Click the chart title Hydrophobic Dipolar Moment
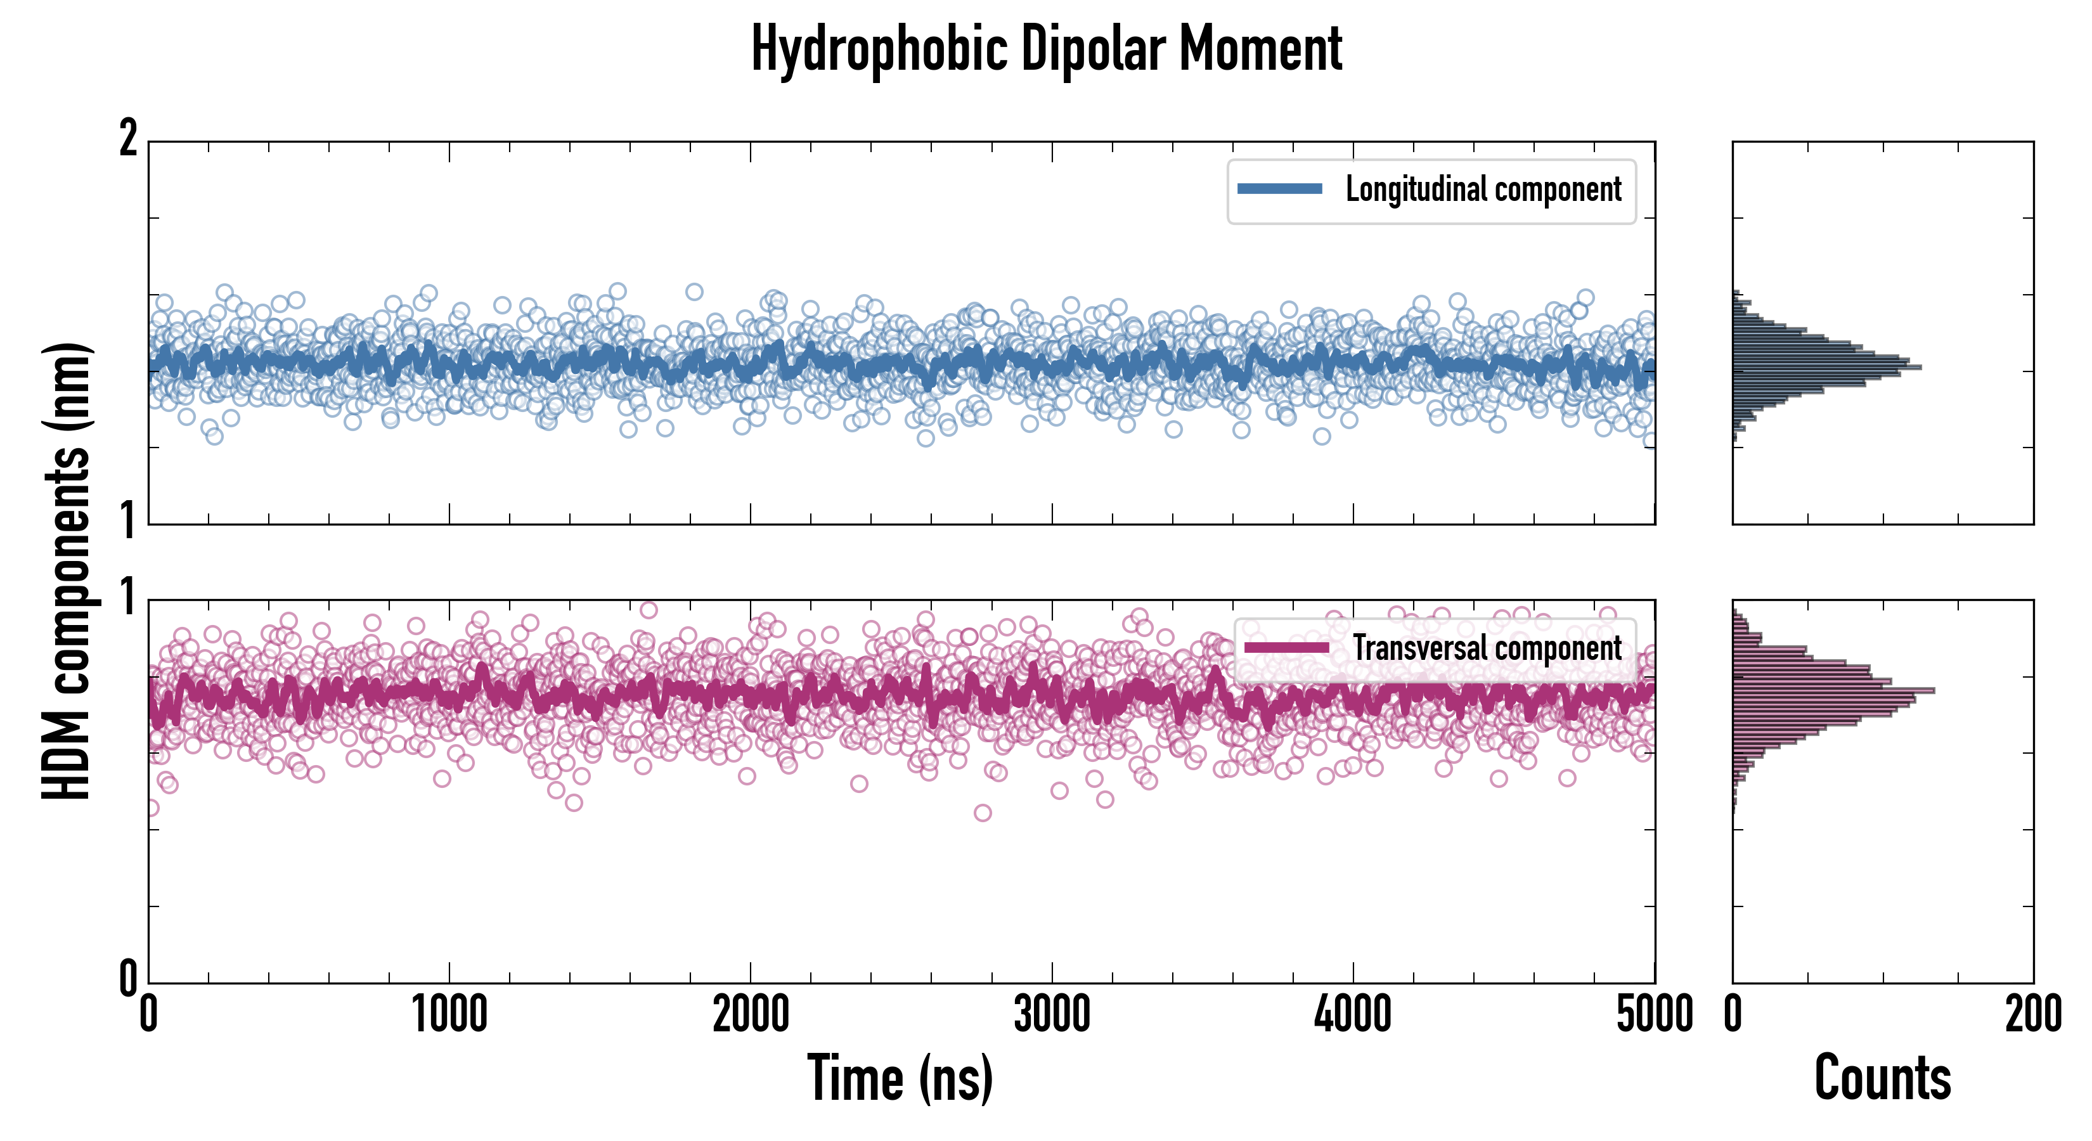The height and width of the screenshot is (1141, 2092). click(1046, 49)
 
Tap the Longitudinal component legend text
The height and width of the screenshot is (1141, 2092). click(1483, 190)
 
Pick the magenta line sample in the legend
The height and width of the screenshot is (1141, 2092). click(1286, 648)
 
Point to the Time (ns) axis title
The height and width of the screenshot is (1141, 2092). click(900, 1078)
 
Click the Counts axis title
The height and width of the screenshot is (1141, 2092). click(1882, 1078)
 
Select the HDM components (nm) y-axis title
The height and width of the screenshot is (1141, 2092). click(67, 571)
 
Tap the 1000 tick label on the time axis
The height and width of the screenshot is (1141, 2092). click(449, 1015)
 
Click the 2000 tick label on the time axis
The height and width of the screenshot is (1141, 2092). click(751, 1015)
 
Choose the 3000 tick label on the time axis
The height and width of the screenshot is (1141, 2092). click(1052, 1015)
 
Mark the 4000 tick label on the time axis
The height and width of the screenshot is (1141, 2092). click(1353, 1015)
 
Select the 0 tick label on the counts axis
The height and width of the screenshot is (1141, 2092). click(1733, 1015)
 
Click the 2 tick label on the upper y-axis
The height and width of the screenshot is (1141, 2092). click(128, 139)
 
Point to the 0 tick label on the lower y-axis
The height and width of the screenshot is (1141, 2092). click(128, 979)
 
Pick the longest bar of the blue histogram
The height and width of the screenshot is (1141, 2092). click(1826, 368)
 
